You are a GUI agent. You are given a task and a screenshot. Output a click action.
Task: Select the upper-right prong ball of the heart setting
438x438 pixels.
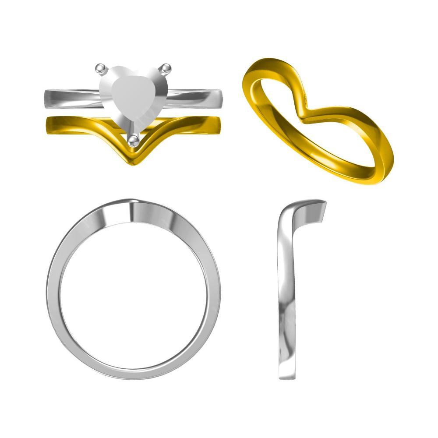click(x=165, y=68)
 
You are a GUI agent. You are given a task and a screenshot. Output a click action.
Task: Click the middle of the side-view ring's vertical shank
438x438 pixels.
click(x=286, y=293)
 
